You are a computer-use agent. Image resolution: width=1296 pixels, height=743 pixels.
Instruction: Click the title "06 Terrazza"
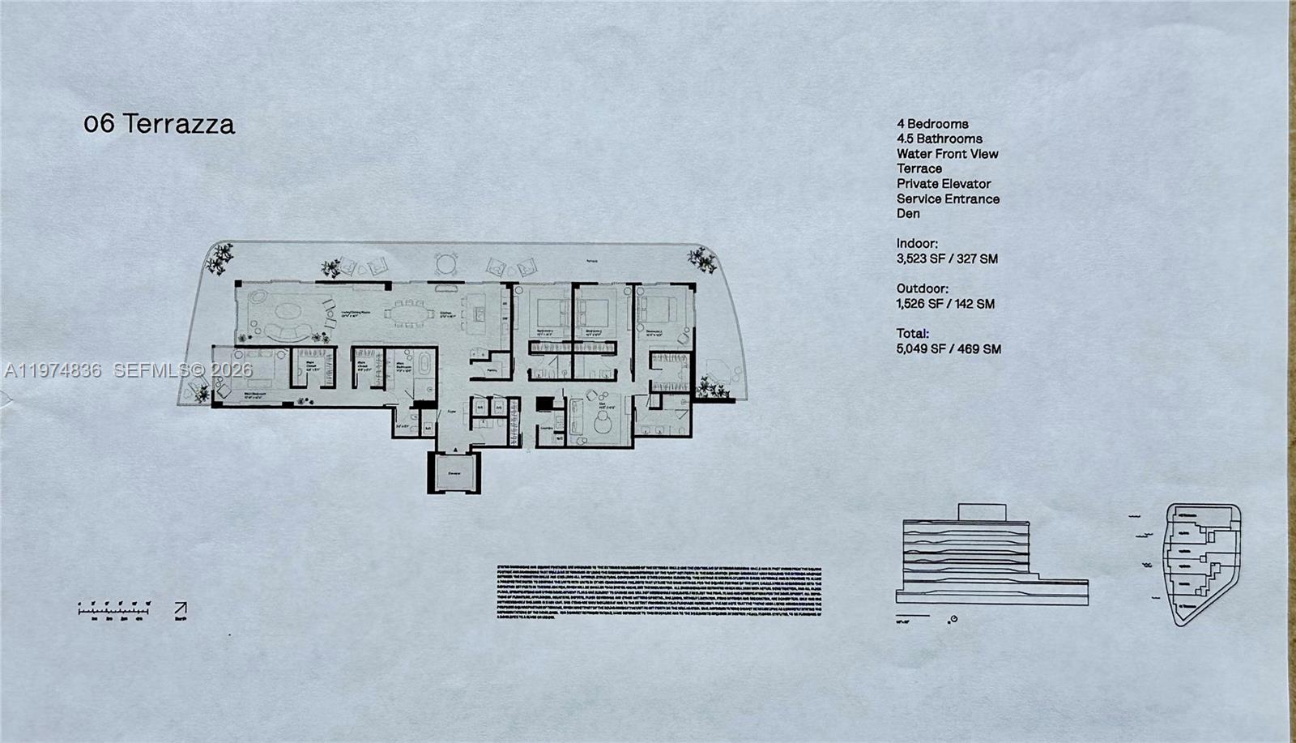point(160,124)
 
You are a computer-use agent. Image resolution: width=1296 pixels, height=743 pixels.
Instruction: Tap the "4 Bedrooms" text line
point(932,124)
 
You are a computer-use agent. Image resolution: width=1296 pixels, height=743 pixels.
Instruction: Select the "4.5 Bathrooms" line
point(939,139)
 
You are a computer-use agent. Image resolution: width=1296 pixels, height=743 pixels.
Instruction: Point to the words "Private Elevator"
point(944,184)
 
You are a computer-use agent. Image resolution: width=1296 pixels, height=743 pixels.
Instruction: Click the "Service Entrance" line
point(948,199)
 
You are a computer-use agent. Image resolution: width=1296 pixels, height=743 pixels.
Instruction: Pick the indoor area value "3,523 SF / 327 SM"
point(947,259)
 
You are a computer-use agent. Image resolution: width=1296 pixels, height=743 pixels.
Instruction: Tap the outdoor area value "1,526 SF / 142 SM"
point(945,304)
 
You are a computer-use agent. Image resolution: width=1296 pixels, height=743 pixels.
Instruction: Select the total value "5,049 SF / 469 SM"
point(949,349)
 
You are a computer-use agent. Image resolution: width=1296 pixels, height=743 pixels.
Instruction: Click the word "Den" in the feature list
point(908,214)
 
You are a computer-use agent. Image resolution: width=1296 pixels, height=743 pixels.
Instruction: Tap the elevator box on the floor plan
point(454,472)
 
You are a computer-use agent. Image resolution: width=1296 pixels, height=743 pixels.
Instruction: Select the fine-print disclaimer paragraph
point(658,595)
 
